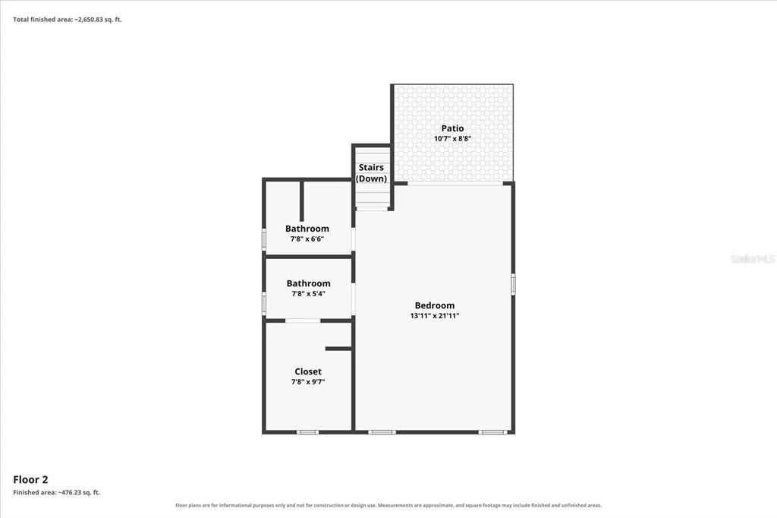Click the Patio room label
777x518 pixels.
[x=452, y=128]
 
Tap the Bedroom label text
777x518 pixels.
[x=435, y=305]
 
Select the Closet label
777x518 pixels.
[x=308, y=371]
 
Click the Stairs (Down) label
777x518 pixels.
[x=371, y=172]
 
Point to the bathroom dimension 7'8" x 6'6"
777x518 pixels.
[x=307, y=238]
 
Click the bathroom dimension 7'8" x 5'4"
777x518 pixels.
[x=308, y=293]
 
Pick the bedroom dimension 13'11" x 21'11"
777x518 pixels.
[x=435, y=315]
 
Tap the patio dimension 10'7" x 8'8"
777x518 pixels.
[x=452, y=138]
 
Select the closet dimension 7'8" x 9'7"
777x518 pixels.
[x=308, y=381]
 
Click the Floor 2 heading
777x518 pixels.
[x=30, y=479]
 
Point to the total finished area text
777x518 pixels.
[x=68, y=20]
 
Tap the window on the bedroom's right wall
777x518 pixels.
[x=513, y=284]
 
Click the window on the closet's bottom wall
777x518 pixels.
[x=308, y=432]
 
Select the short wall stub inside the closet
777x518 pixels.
[x=339, y=349]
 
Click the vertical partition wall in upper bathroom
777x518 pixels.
[x=302, y=201]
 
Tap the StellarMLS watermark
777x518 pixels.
[x=753, y=258]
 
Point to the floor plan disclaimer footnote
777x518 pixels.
[x=388, y=505]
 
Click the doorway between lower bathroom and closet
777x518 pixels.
[x=303, y=321]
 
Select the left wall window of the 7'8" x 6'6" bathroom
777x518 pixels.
[x=264, y=238]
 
